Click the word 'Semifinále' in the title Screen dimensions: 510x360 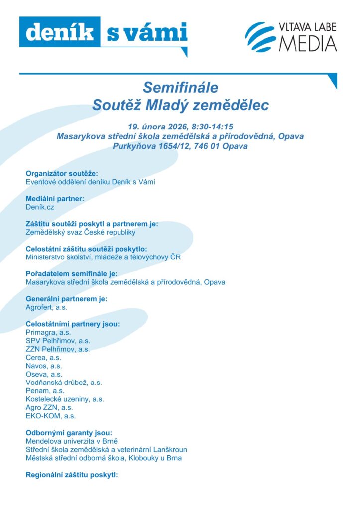click(180, 88)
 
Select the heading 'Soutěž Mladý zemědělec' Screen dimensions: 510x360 click(180, 105)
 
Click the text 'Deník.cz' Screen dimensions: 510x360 click(40, 207)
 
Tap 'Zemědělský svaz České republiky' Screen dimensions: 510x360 click(81, 232)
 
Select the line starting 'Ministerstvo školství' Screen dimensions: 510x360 click(103, 257)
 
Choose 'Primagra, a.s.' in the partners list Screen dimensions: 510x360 click(48, 332)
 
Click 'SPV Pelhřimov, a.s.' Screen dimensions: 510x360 click(58, 341)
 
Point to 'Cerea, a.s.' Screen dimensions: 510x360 click(43, 357)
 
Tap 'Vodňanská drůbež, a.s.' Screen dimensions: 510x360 click(64, 382)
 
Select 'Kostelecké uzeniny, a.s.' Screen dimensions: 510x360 click(65, 399)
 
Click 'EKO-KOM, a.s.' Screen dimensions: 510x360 click(51, 416)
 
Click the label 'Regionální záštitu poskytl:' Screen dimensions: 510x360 click(71, 475)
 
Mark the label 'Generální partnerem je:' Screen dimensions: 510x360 click(66, 299)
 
